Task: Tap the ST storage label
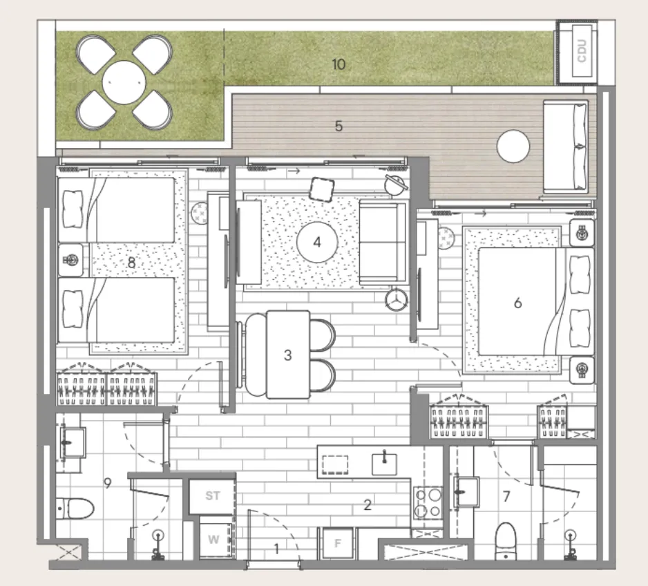click(x=213, y=495)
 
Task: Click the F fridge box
click(x=338, y=543)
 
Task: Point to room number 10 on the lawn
click(x=339, y=65)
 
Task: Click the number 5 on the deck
click(x=339, y=126)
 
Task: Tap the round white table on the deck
click(x=513, y=146)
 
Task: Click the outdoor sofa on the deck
click(x=567, y=146)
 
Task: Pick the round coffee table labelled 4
click(x=317, y=242)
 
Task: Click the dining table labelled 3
click(x=288, y=355)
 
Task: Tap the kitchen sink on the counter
click(x=383, y=462)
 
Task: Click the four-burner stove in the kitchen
click(x=428, y=502)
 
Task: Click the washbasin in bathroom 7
click(x=466, y=492)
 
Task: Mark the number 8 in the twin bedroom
click(x=131, y=263)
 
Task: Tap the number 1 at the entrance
click(x=276, y=549)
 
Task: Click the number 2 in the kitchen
click(x=368, y=505)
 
